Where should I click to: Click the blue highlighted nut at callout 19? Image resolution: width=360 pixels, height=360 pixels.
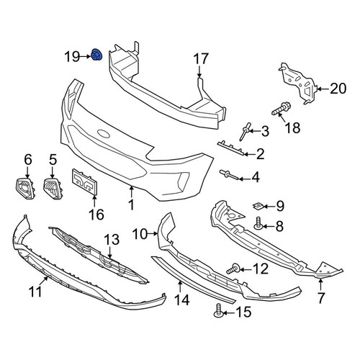click(x=96, y=55)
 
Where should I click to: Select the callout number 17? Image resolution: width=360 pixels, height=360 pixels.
click(x=201, y=59)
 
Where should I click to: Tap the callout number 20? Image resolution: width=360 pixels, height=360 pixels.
click(x=338, y=89)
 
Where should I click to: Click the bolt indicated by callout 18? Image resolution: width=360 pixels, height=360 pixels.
click(x=282, y=109)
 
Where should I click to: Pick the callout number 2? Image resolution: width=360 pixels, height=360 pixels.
click(x=260, y=154)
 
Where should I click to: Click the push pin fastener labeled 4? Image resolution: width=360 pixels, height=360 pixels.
click(x=228, y=175)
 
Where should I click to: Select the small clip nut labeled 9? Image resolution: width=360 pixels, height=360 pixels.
click(x=258, y=206)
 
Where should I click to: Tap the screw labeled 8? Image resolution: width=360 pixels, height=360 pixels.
click(x=258, y=223)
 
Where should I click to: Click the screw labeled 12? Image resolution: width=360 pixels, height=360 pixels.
click(x=233, y=269)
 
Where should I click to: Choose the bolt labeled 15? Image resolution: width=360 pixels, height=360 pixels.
click(x=218, y=310)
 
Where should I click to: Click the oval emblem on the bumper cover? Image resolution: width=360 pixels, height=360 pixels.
click(x=104, y=134)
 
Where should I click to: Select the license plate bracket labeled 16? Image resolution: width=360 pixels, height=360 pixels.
click(x=85, y=181)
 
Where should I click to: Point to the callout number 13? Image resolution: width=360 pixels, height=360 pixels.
click(x=112, y=240)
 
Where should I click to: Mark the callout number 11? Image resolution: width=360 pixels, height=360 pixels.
click(x=35, y=292)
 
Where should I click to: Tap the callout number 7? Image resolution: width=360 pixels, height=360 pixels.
click(x=320, y=298)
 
